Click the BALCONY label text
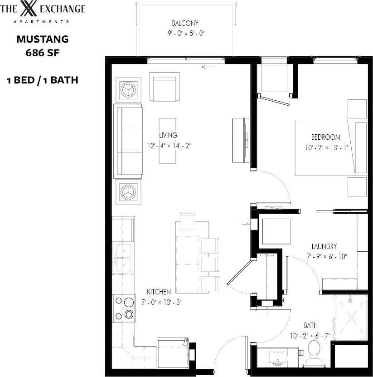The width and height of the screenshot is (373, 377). [185, 23]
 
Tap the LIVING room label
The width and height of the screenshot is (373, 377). [168, 135]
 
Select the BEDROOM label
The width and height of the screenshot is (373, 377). [325, 137]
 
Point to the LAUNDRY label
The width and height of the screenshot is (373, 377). [324, 247]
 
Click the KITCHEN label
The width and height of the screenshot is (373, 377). [159, 291]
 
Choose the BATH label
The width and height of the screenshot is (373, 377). [310, 325]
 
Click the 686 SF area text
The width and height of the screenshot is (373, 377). [43, 52]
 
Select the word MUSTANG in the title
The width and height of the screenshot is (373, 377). [43, 39]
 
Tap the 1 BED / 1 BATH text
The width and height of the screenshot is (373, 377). [43, 80]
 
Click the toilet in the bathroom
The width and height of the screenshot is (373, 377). [314, 351]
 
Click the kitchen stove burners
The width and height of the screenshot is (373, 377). [124, 308]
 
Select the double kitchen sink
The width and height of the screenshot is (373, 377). [123, 258]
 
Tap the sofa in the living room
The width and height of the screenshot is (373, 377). [129, 140]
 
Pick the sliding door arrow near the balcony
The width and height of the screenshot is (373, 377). [208, 67]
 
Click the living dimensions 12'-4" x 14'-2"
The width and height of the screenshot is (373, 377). [170, 146]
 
